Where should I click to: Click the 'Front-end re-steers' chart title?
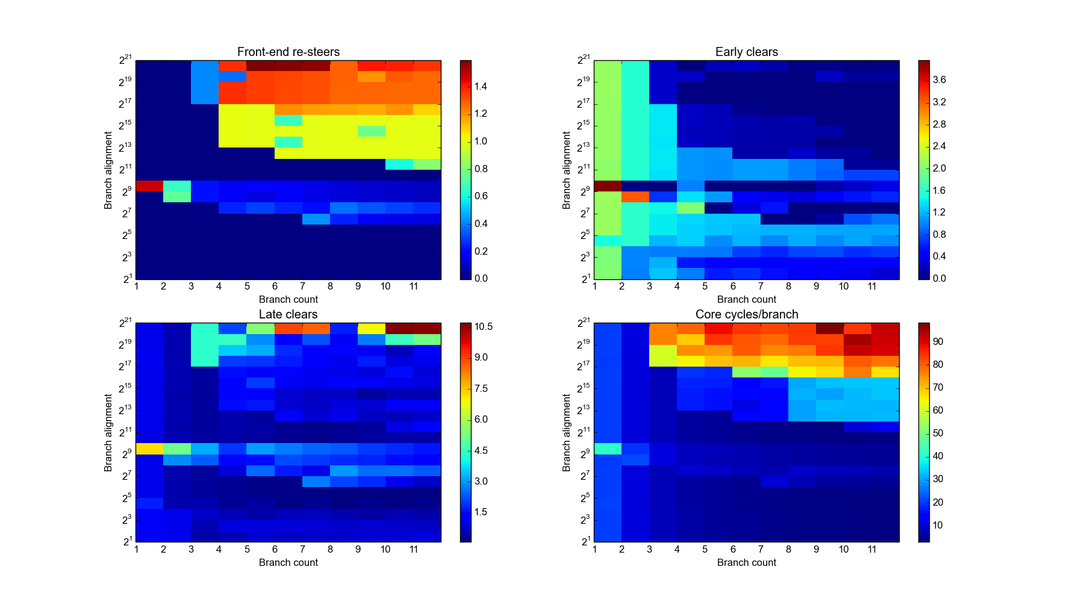point(288,52)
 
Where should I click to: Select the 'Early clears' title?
point(746,52)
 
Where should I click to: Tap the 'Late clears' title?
point(288,314)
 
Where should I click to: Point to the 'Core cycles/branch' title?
point(746,314)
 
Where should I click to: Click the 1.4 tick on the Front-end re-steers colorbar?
point(480,86)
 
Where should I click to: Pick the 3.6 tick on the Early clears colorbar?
point(939,79)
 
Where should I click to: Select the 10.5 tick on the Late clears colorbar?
point(483,327)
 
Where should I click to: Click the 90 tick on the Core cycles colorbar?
point(938,341)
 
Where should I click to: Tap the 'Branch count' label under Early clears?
point(746,299)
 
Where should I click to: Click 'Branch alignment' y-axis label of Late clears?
point(108,432)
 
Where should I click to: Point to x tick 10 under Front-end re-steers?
point(385,287)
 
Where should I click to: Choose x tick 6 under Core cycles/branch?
point(733,549)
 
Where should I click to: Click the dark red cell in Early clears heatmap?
point(608,186)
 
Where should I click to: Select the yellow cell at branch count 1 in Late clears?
point(149,448)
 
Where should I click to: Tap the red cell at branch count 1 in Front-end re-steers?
point(149,186)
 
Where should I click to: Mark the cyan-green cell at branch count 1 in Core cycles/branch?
point(608,448)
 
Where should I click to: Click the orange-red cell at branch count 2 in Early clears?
point(635,197)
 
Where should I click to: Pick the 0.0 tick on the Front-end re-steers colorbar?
point(480,278)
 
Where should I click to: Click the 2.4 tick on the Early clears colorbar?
point(939,146)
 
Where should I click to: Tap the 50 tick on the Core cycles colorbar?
point(938,433)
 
